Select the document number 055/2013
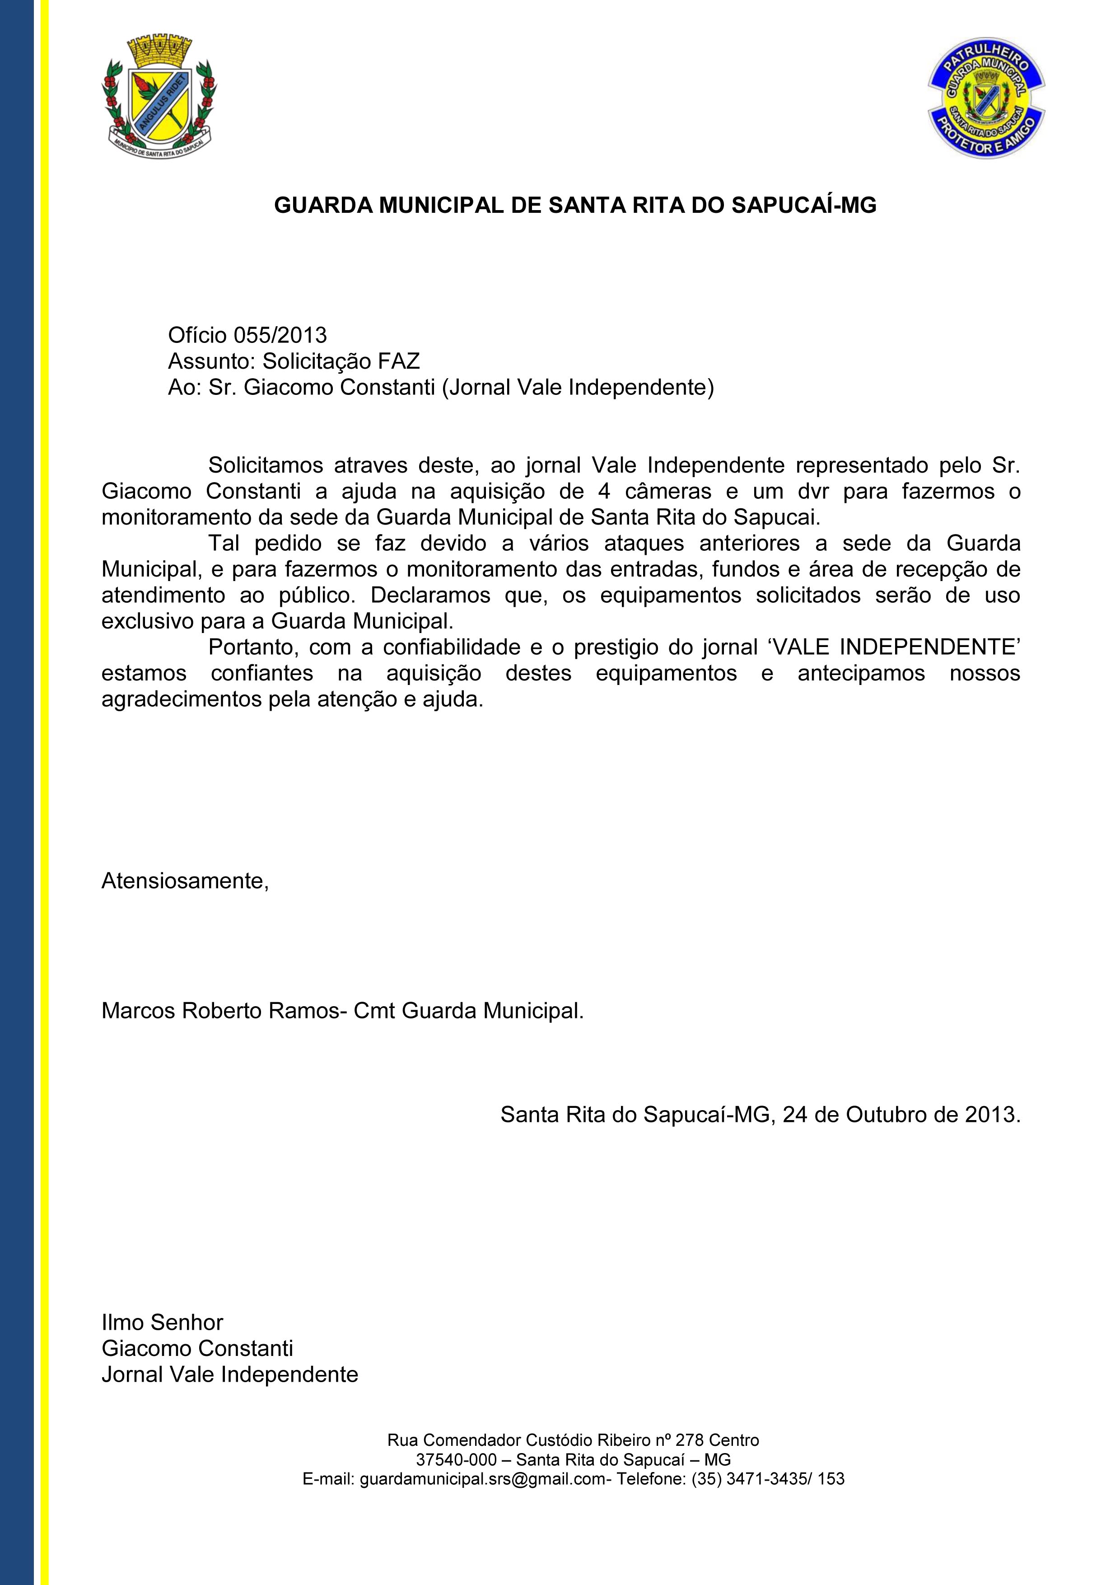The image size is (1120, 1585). click(280, 336)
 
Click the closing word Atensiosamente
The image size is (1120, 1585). click(184, 882)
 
